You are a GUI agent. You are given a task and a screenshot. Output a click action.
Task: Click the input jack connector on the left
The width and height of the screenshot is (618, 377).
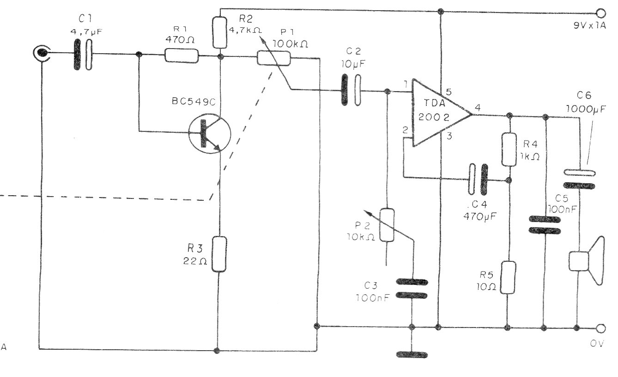41,55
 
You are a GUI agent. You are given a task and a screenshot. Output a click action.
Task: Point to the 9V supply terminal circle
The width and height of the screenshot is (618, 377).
600,13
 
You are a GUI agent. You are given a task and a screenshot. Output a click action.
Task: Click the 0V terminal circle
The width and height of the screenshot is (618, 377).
600,328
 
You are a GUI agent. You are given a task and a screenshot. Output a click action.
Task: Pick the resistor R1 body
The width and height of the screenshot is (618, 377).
182,56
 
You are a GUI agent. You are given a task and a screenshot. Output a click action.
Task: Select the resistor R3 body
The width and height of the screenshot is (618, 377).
220,253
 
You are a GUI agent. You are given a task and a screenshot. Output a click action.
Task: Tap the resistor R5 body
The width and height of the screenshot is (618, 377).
509,277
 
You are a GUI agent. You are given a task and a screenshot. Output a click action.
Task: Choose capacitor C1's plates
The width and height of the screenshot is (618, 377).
82,55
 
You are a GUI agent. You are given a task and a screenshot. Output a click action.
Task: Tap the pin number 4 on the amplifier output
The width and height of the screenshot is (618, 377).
478,108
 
